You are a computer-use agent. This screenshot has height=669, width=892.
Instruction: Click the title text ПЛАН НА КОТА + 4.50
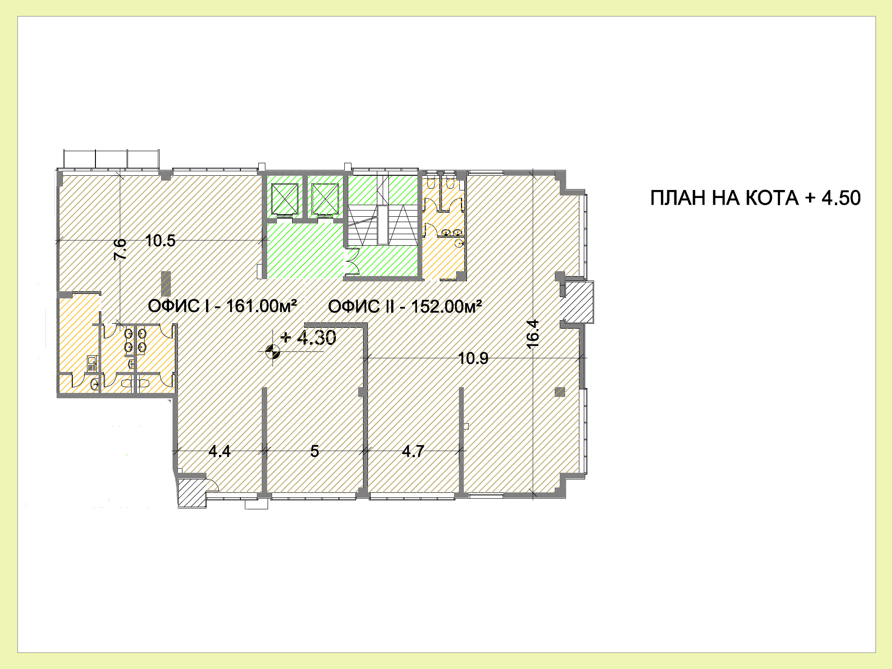[x=755, y=198]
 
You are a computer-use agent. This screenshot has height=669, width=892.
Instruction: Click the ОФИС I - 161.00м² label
[x=223, y=306]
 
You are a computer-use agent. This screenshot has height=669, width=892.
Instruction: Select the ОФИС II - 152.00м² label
[x=405, y=306]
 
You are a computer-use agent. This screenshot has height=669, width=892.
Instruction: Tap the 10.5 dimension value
[x=160, y=241]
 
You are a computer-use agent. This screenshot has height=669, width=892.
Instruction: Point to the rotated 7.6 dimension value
[x=120, y=249]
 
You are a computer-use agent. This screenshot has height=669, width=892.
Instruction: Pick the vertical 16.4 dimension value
[x=533, y=334]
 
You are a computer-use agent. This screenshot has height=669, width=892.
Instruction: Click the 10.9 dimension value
[x=473, y=358]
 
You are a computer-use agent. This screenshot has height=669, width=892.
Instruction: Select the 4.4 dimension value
[x=219, y=451]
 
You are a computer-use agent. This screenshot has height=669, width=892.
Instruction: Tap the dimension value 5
[x=314, y=451]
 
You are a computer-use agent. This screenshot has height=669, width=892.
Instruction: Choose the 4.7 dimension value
[x=413, y=451]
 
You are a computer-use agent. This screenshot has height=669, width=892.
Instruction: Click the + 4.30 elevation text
[x=308, y=338]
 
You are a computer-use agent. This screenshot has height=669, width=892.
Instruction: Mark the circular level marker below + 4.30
[x=273, y=352]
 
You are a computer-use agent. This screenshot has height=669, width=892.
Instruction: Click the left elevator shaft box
[x=285, y=198]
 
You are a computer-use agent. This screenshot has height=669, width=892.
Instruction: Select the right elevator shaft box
[x=325, y=198]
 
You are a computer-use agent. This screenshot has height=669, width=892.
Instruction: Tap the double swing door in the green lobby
[x=352, y=261]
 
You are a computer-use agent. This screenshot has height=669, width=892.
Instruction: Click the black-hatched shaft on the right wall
[x=577, y=301]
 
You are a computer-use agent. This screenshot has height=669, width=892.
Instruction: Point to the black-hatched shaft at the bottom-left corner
[x=192, y=493]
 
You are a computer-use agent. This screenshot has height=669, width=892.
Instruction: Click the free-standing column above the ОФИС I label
[x=166, y=284]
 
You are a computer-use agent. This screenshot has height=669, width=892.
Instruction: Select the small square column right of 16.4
[x=560, y=392]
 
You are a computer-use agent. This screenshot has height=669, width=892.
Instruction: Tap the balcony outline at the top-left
[x=111, y=159]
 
